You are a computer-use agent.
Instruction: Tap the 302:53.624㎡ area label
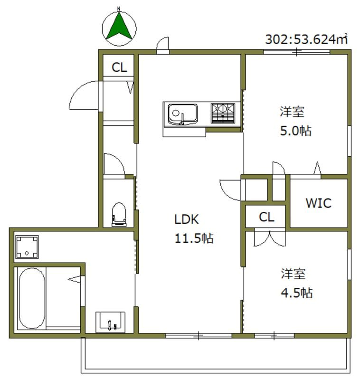(306, 39)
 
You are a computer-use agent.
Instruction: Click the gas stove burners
(223, 113)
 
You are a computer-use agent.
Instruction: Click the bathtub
(31, 298)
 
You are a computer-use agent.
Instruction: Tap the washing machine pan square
(27, 247)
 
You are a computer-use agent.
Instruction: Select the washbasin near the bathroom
(111, 323)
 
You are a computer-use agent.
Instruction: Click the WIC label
(318, 203)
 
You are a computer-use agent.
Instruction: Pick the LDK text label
(186, 219)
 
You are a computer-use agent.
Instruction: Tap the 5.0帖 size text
(295, 131)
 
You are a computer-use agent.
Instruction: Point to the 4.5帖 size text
(296, 292)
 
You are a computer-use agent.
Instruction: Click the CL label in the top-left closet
(119, 67)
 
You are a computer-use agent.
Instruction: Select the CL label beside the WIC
(266, 217)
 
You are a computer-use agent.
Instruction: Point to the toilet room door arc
(114, 164)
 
